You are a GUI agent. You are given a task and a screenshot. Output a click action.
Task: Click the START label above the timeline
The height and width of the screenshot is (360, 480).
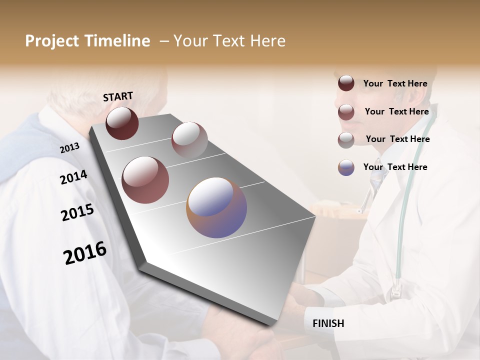[118, 96]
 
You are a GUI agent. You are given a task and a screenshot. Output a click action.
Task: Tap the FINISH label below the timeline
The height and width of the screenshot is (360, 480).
[328, 323]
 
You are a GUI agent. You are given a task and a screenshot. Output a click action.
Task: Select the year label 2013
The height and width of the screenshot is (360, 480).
[69, 148]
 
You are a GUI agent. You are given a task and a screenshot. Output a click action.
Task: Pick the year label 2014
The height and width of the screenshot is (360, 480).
[73, 177]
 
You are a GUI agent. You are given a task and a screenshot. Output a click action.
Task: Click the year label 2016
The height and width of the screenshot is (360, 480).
[85, 253]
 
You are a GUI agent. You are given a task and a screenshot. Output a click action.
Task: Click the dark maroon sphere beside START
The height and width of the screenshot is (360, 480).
[122, 123]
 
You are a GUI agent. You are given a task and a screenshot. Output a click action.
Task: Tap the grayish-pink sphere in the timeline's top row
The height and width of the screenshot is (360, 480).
[189, 140]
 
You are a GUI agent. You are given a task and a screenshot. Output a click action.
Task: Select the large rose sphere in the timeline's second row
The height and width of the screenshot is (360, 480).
[145, 179]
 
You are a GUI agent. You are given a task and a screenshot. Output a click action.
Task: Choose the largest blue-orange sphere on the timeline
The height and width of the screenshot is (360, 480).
[216, 207]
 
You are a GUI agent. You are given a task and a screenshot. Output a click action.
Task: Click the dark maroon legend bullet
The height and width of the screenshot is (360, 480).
[346, 83]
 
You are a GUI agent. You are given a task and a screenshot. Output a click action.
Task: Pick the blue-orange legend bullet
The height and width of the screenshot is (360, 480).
[346, 167]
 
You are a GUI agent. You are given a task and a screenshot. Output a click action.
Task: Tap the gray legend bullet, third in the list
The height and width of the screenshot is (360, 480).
[346, 139]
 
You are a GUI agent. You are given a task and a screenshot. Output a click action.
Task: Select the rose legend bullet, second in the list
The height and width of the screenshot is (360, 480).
[346, 112]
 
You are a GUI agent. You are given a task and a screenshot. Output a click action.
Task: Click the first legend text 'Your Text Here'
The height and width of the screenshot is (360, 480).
[395, 83]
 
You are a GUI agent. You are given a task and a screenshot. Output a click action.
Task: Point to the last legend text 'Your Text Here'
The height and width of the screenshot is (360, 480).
[395, 167]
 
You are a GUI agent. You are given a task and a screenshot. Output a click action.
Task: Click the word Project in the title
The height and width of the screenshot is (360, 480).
[52, 41]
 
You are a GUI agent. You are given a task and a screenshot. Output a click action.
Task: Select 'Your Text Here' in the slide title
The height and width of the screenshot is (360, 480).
[229, 41]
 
